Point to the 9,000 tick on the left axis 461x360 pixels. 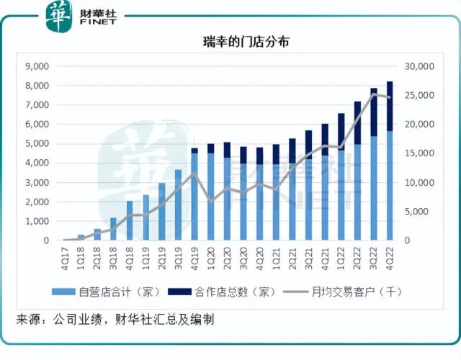point(36,66)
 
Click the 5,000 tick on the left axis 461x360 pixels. point(36,143)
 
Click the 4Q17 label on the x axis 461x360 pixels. point(65,255)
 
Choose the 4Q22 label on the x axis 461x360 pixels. point(390,255)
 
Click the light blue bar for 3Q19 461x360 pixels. point(178,205)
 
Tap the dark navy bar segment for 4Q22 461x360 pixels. point(390,106)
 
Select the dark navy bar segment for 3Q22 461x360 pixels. point(374,112)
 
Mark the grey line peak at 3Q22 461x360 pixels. point(374,94)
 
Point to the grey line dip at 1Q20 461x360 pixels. point(210,200)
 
